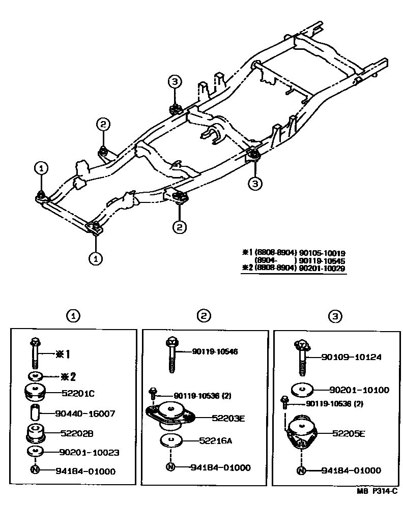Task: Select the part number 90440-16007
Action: (x=87, y=413)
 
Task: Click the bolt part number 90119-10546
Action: (x=215, y=351)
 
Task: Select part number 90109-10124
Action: (x=352, y=358)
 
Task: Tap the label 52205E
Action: (x=349, y=433)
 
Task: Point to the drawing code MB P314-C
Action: (x=377, y=491)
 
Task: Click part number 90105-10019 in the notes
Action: (x=323, y=252)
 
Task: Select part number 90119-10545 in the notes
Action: (x=323, y=260)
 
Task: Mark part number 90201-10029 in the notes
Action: (x=323, y=268)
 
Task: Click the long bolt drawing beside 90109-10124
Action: (x=302, y=359)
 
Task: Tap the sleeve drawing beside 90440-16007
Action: (x=35, y=413)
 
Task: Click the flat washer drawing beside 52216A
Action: (x=171, y=440)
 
